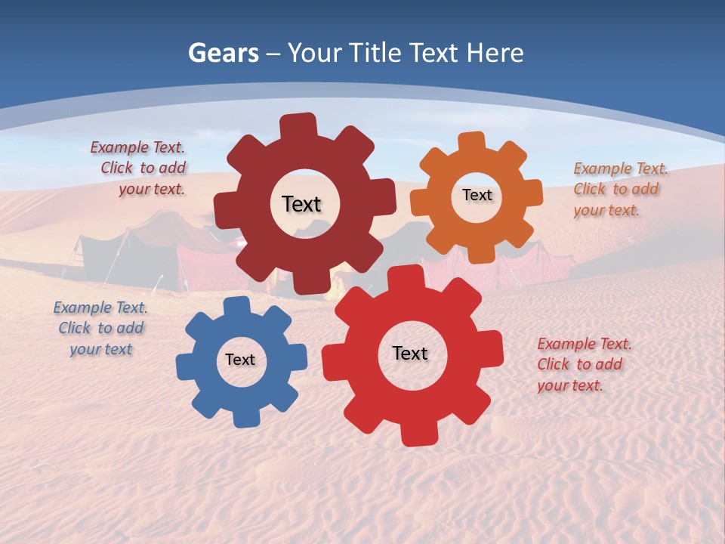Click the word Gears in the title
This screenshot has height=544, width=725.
[222, 53]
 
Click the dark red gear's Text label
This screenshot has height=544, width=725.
[301, 204]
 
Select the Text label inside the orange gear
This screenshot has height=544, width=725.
[477, 195]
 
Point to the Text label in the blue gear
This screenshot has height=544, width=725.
[240, 360]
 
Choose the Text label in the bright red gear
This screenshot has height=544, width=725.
[410, 353]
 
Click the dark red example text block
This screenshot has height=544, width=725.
[139, 168]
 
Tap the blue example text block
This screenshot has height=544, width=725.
[100, 328]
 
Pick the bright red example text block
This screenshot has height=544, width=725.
[585, 364]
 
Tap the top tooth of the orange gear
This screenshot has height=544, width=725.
[472, 141]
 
